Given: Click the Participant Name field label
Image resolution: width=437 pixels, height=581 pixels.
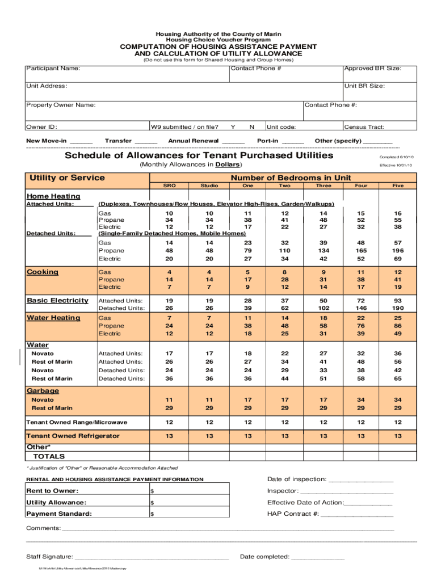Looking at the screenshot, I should tap(53, 69).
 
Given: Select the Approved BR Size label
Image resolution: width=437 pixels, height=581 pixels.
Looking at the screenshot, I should tap(373, 69).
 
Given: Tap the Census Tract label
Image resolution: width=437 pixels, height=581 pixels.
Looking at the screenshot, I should tap(364, 127).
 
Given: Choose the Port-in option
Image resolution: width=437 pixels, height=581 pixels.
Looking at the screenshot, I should tap(267, 141).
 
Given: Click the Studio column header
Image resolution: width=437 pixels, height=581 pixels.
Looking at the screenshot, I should tap(209, 186).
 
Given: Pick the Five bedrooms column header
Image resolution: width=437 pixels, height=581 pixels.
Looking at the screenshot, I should tap(397, 186).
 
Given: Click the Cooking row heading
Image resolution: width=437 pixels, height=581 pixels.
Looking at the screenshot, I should tap(43, 272).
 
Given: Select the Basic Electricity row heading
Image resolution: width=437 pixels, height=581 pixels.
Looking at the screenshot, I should tap(57, 300).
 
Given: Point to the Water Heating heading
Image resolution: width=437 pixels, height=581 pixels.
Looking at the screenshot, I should tap(53, 318).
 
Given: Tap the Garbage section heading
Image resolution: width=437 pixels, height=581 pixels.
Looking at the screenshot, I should tap(43, 391).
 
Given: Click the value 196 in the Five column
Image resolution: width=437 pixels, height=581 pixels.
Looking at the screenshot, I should tap(397, 250).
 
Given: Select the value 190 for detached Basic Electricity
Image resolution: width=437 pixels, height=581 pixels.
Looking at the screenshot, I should tap(397, 308).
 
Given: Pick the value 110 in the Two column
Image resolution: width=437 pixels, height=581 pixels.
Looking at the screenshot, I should tap(284, 250).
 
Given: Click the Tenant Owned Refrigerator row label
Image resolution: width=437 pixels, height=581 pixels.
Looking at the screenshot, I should tap(73, 436).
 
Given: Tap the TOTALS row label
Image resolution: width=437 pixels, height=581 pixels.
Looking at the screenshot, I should tap(49, 456).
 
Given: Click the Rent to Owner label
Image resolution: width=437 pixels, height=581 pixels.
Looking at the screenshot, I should tap(52, 491).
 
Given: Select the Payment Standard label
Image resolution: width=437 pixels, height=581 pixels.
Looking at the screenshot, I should tap(59, 514).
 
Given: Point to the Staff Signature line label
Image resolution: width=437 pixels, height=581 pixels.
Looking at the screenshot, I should tap(49, 557).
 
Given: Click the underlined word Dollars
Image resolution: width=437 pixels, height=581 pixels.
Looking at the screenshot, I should tap(228, 165).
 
